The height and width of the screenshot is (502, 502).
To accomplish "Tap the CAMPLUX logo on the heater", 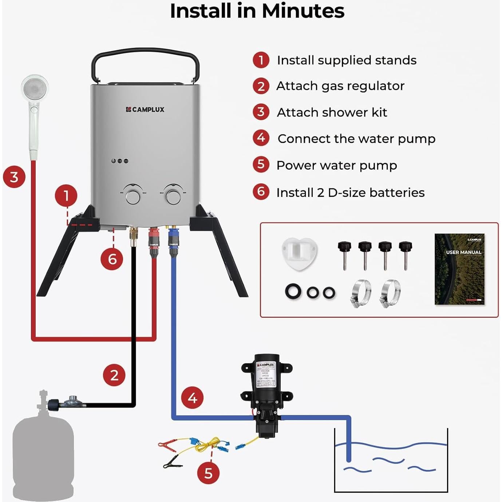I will point(145,109).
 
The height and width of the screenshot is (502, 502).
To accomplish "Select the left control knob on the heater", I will point(133,197).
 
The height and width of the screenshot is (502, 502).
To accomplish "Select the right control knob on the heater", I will point(173,197).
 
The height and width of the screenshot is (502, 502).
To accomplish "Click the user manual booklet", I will point(459,269).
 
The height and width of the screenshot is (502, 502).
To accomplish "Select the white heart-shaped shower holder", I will point(299,253).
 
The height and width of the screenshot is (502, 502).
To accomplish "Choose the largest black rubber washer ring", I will point(293,292).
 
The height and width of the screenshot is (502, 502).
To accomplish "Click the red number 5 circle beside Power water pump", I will point(261,165).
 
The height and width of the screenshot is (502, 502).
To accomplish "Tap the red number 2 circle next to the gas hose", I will point(114,375).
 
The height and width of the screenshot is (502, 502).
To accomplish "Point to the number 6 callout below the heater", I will point(112,259).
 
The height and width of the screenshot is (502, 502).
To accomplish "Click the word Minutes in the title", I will point(303,11).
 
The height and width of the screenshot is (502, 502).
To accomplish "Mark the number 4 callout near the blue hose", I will point(193,398).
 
